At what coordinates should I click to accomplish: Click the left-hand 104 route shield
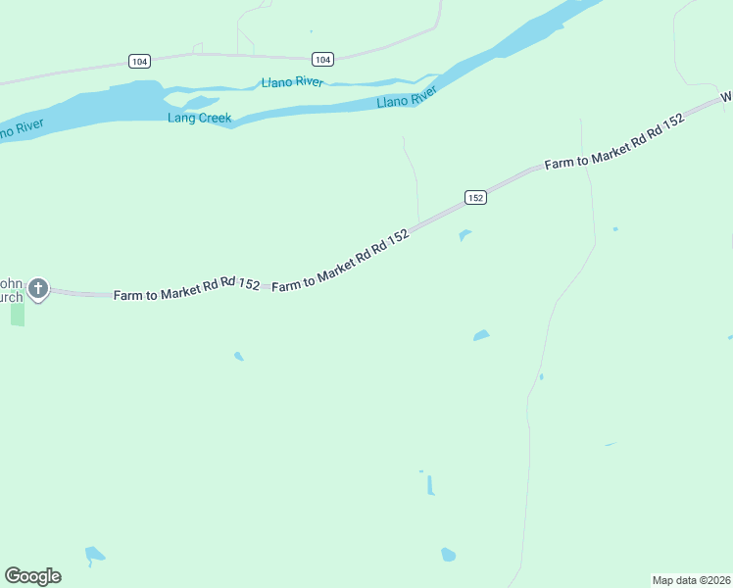tap(139, 61)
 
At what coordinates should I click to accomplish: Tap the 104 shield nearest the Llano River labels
tap(323, 59)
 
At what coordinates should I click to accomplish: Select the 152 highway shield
tap(475, 197)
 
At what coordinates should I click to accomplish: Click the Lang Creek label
tap(199, 119)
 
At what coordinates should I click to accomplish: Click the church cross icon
tap(38, 288)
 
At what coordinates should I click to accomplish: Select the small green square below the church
tap(18, 315)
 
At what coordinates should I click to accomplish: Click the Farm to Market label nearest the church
tap(186, 289)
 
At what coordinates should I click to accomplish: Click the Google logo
tap(33, 576)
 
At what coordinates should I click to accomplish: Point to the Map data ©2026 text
tap(691, 580)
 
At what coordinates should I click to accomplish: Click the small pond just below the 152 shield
tap(464, 234)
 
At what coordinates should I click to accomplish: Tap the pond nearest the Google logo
tap(94, 555)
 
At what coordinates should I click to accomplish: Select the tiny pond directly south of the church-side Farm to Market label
tap(238, 356)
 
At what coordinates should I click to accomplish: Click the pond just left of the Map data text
tap(448, 555)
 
